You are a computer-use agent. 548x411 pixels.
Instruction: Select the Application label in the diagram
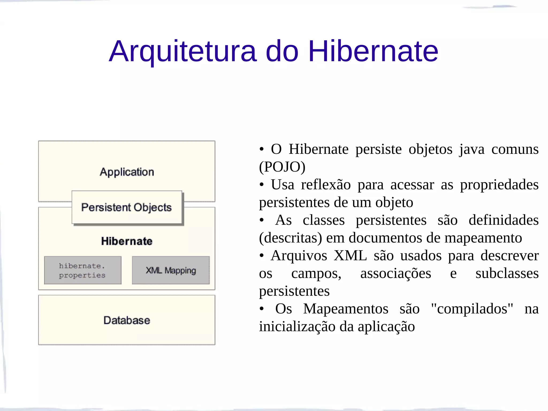click(x=127, y=172)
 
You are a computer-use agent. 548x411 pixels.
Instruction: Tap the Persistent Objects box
click(x=127, y=207)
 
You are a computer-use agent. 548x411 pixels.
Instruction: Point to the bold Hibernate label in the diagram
click(x=127, y=241)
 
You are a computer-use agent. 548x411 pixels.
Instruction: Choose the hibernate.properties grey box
click(x=82, y=270)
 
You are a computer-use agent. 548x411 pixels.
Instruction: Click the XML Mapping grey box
click(x=171, y=270)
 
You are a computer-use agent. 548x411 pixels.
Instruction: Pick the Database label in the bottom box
click(x=127, y=320)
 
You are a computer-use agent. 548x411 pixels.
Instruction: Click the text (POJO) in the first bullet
click(x=282, y=167)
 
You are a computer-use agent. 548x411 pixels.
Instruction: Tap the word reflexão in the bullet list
click(x=326, y=185)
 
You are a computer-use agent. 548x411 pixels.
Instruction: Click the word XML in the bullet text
click(x=350, y=256)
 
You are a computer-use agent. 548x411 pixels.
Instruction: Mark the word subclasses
click(x=507, y=273)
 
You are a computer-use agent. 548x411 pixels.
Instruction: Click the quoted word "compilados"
click(x=472, y=309)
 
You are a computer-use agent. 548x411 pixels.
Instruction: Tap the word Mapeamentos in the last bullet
click(x=345, y=309)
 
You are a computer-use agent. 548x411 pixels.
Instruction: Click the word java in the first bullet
click(x=472, y=149)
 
